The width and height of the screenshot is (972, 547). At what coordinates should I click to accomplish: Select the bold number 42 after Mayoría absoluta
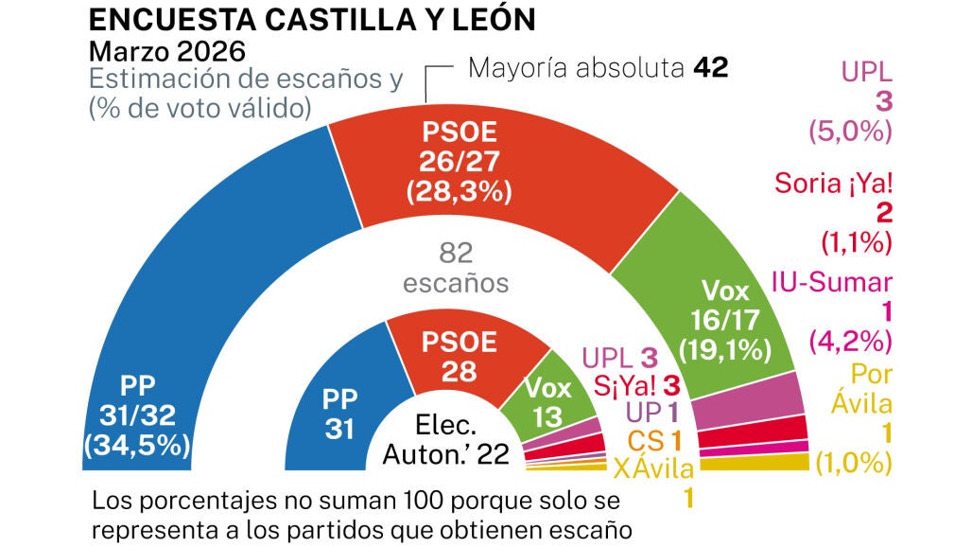pyautogui.click(x=710, y=68)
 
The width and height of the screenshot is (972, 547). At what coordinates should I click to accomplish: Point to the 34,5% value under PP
pyautogui.click(x=138, y=444)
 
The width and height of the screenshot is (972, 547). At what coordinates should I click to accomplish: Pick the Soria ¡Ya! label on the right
pyautogui.click(x=833, y=183)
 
